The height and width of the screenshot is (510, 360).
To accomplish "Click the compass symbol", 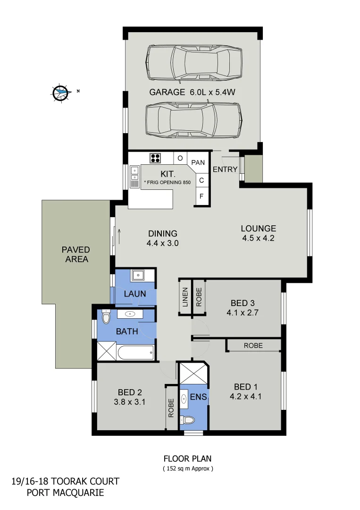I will pyautogui.click(x=60, y=93).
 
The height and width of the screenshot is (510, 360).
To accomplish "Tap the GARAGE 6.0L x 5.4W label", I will pyautogui.click(x=192, y=93).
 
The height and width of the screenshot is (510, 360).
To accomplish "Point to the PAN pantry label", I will pyautogui.click(x=199, y=162).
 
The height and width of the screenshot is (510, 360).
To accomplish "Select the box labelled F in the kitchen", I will pyautogui.click(x=201, y=196).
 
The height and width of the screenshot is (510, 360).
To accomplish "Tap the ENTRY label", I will pyautogui.click(x=225, y=170).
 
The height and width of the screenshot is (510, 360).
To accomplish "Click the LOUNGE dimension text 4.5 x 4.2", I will pyautogui.click(x=258, y=238).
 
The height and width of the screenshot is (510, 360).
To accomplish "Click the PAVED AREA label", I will pyautogui.click(x=75, y=254).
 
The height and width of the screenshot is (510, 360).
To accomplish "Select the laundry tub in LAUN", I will pyautogui.click(x=139, y=275).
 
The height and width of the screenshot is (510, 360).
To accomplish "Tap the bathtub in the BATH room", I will pyautogui.click(x=136, y=352).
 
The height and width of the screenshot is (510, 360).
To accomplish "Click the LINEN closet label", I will pyautogui.click(x=185, y=297).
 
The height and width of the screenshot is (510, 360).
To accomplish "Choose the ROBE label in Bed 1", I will pyautogui.click(x=253, y=346).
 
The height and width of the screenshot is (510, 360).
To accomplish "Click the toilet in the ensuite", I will pyautogui.click(x=189, y=419).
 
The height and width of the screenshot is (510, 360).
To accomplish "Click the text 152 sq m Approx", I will pyautogui.click(x=188, y=469).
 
